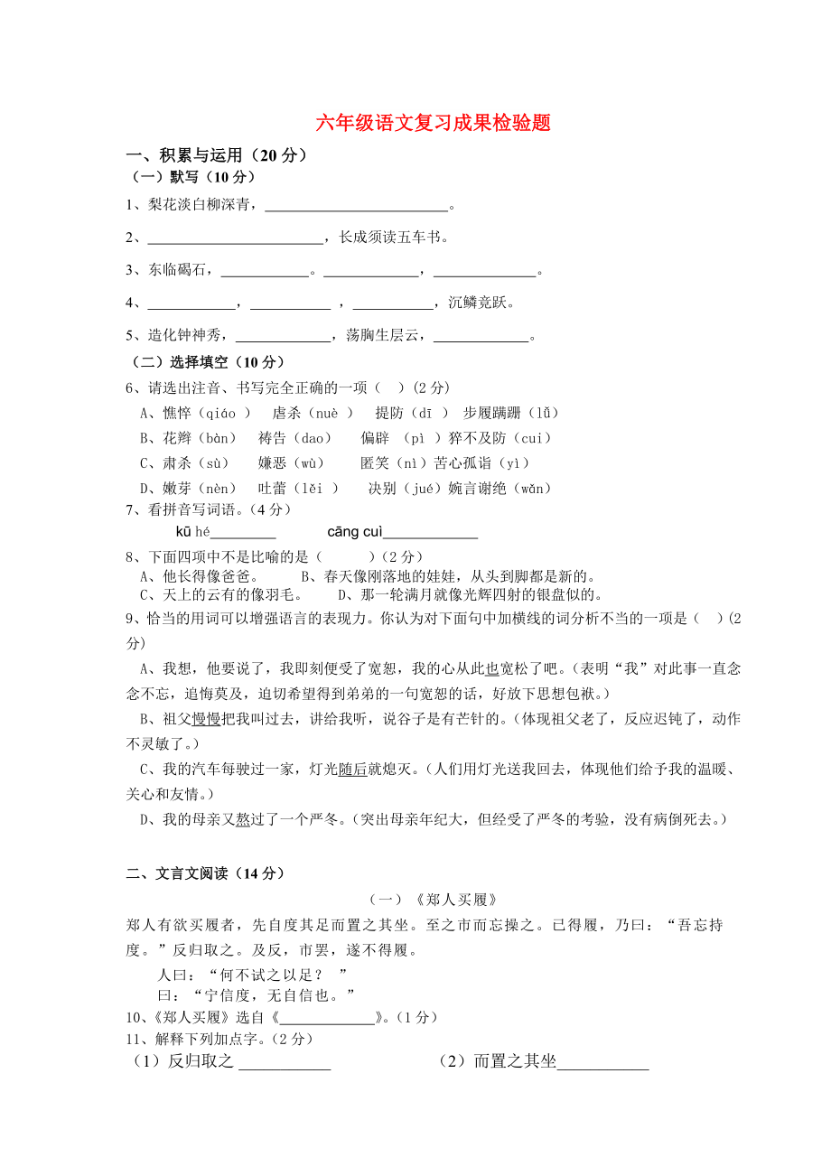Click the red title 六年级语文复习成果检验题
pyautogui.click(x=433, y=124)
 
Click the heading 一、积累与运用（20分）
pyautogui.click(x=217, y=155)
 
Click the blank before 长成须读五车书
pyautogui.click(x=235, y=238)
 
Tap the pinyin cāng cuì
pyautogui.click(x=355, y=531)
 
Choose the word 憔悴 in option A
pyautogui.click(x=177, y=413)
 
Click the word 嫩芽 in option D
pyautogui.click(x=177, y=489)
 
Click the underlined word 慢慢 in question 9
pyautogui.click(x=206, y=719)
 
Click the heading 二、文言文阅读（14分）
pyautogui.click(x=206, y=873)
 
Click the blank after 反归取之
pyautogui.click(x=285, y=1064)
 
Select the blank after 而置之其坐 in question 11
pyautogui.click(x=602, y=1064)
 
